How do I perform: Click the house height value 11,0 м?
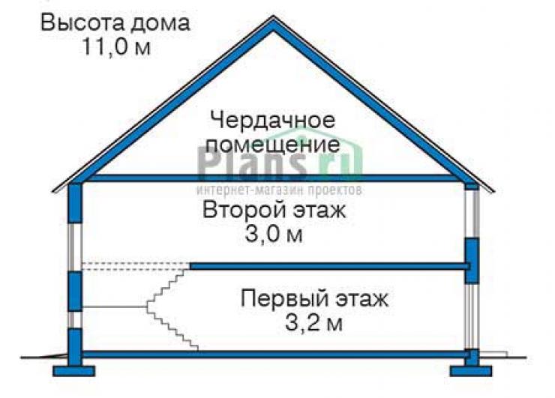(x=117, y=46)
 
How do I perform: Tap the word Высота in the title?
(x=82, y=23)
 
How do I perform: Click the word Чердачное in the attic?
(x=272, y=120)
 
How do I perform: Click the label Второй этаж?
(x=274, y=210)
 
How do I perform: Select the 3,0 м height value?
(x=274, y=234)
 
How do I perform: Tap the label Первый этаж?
(x=314, y=299)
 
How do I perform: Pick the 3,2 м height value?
(x=313, y=323)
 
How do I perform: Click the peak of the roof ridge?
(x=273, y=16)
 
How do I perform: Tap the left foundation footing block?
(x=74, y=371)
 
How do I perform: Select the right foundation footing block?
(x=471, y=371)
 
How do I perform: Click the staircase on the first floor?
(x=172, y=309)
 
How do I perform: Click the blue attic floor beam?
(x=273, y=178)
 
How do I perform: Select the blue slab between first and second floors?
(x=329, y=266)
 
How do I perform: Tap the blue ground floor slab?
(x=273, y=354)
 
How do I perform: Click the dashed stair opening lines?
(x=136, y=266)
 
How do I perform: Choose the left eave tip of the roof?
(x=53, y=192)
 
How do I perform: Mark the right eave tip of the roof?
(x=493, y=192)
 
